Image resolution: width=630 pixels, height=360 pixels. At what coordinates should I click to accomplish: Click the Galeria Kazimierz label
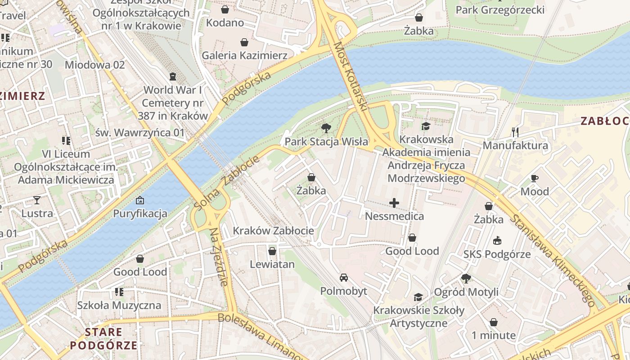tap(244, 55)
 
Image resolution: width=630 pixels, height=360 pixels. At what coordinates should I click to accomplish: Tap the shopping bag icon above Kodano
tap(225, 9)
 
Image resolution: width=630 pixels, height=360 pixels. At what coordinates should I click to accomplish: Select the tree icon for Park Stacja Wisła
tap(326, 129)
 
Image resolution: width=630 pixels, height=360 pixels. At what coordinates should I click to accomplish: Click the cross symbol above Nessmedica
tap(394, 203)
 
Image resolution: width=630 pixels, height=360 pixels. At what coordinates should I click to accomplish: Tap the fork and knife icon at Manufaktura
tap(515, 132)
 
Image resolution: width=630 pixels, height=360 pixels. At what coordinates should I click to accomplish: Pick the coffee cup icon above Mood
tap(534, 178)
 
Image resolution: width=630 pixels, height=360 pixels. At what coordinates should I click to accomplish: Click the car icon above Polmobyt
tap(344, 278)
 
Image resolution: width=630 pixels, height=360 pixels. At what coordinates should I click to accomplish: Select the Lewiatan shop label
tap(272, 264)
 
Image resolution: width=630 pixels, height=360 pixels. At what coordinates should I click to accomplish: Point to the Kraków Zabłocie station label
tap(273, 231)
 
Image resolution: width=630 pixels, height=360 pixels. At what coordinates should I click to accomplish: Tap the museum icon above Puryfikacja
tap(140, 200)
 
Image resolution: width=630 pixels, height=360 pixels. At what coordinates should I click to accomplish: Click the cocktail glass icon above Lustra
tap(37, 200)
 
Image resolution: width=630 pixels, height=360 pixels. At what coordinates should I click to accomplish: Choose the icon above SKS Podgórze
tap(497, 241)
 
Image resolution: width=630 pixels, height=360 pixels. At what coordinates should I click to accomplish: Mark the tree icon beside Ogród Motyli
tap(466, 279)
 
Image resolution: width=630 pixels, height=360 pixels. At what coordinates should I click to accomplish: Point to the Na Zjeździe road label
tap(219, 257)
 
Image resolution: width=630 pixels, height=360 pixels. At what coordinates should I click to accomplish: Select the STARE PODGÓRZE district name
tap(103, 339)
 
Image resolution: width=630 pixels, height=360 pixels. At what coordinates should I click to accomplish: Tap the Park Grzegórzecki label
tap(500, 10)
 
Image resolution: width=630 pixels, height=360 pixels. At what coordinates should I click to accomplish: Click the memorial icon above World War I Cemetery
tap(173, 76)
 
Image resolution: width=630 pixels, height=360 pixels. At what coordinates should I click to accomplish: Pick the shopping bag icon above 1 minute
tap(494, 322)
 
